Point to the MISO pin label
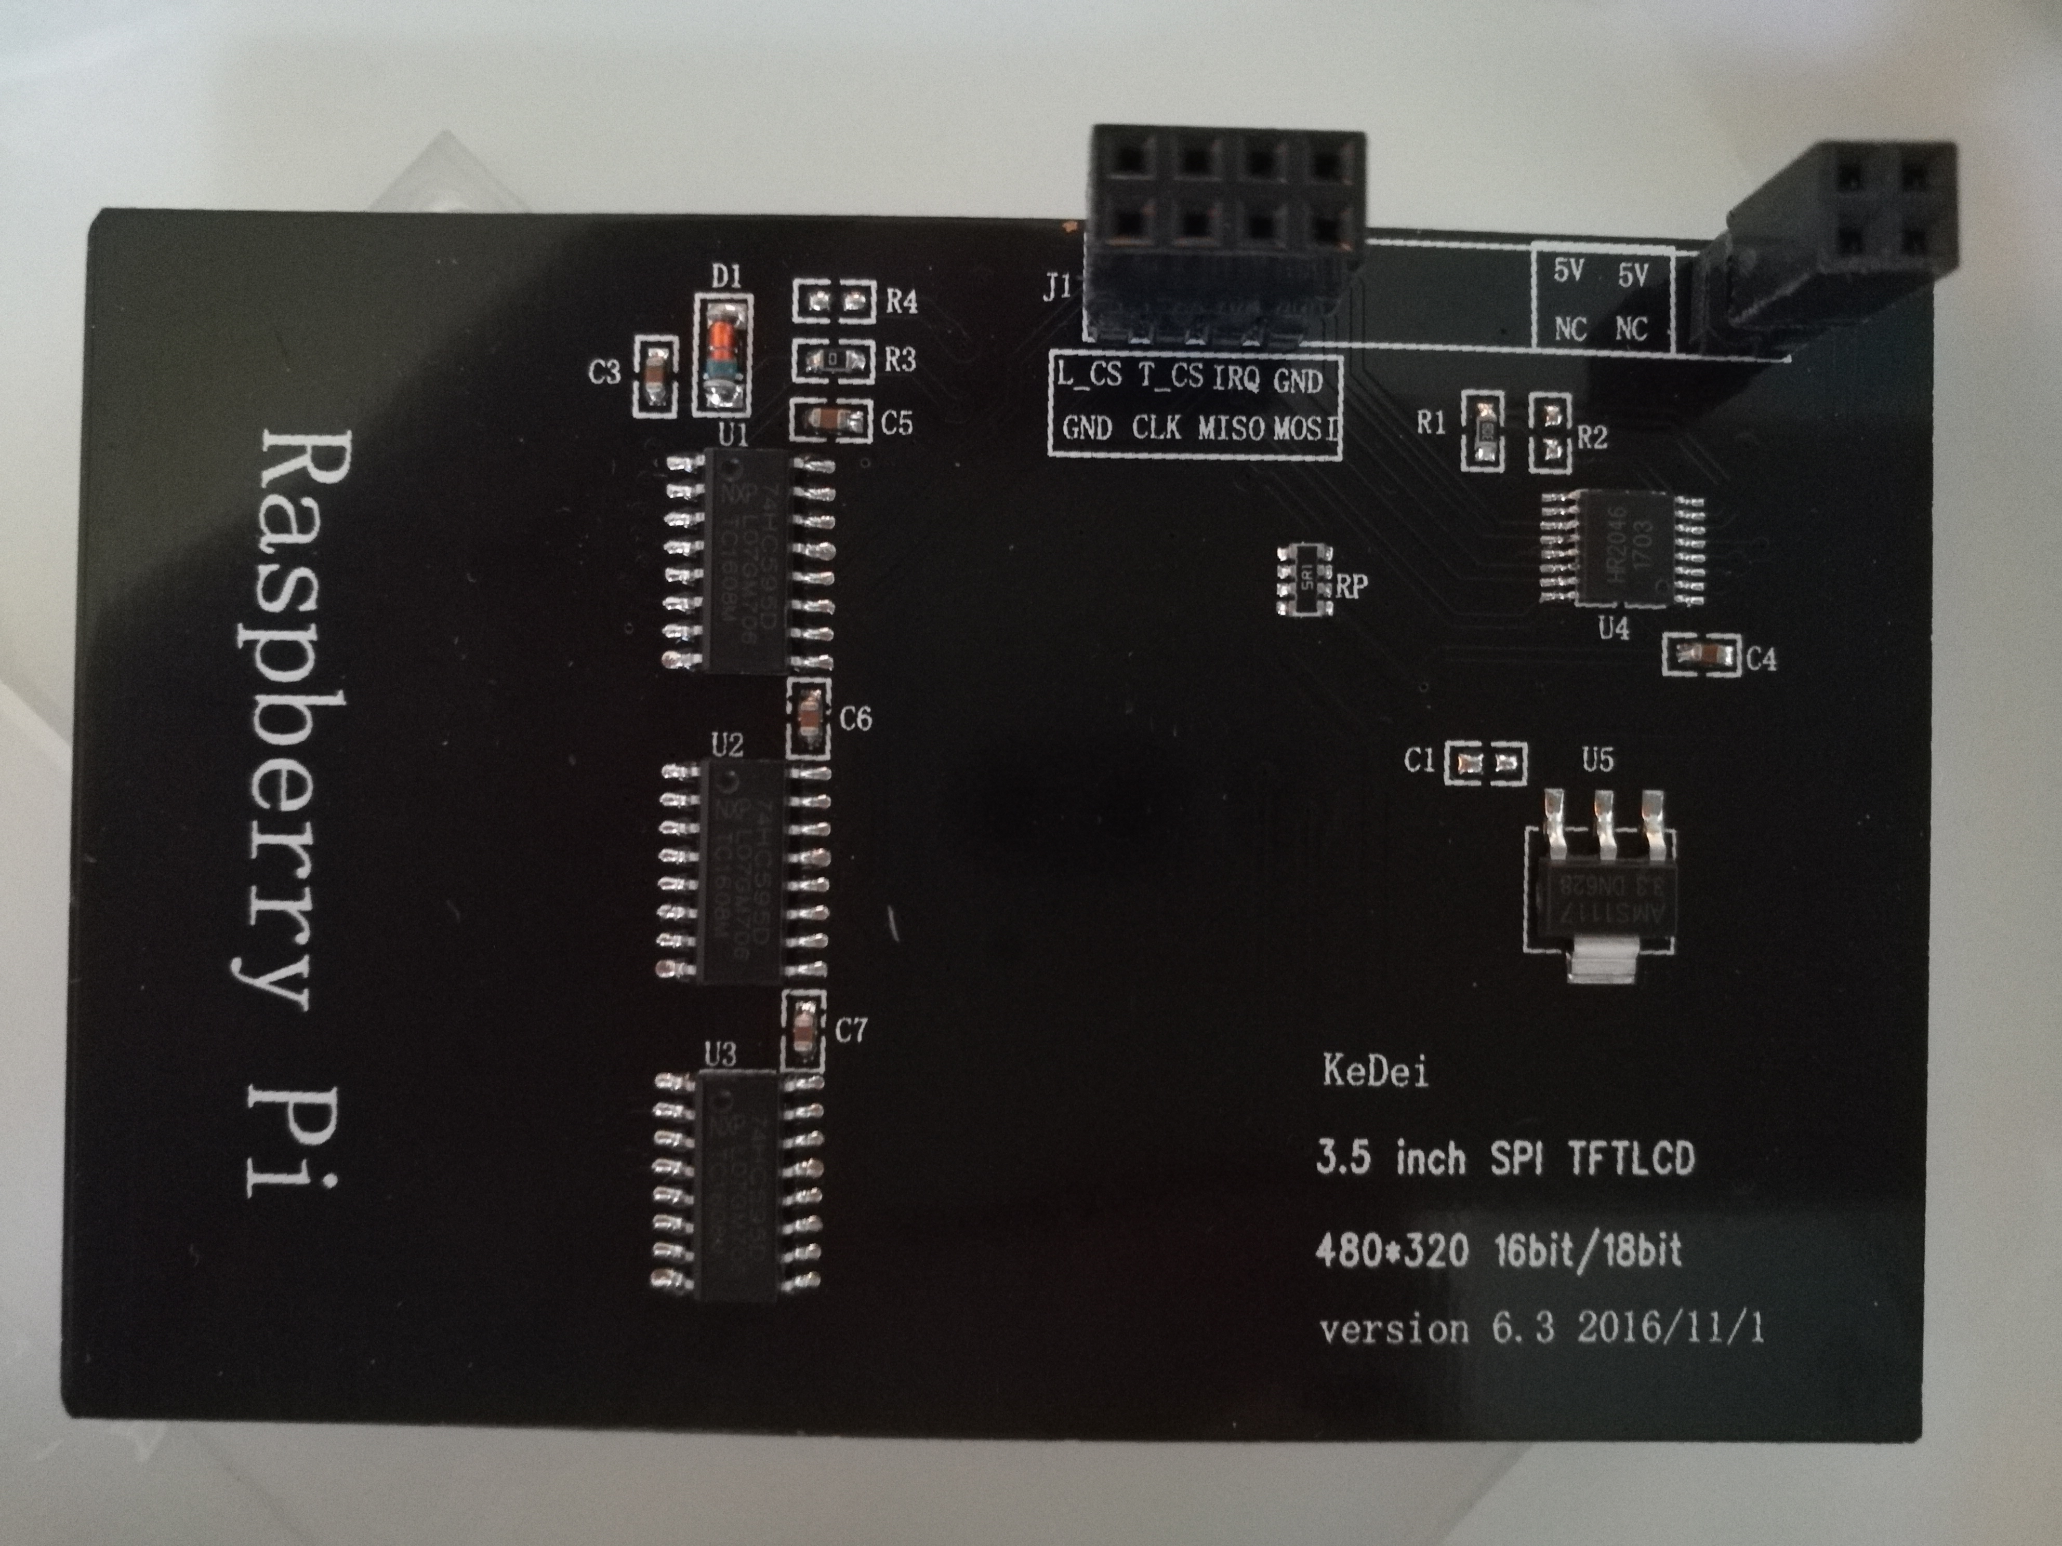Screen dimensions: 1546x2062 click(1231, 429)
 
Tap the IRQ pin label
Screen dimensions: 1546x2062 click(1236, 378)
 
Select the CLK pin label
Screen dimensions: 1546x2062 click(1156, 428)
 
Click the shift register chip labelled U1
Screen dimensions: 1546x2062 click(746, 561)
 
